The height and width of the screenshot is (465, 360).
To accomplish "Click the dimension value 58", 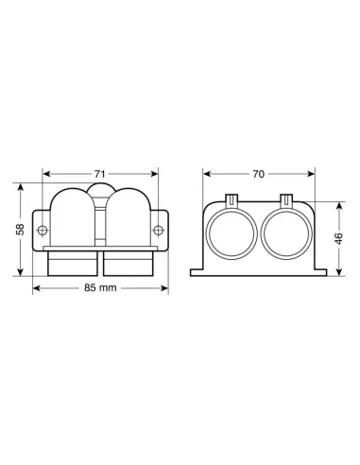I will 20,229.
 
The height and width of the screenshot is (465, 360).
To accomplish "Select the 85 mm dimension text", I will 102,286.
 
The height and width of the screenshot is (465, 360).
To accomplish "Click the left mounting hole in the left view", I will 41,230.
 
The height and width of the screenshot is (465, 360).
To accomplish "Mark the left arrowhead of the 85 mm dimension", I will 36,286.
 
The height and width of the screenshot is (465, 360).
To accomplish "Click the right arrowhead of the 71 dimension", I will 156,173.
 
